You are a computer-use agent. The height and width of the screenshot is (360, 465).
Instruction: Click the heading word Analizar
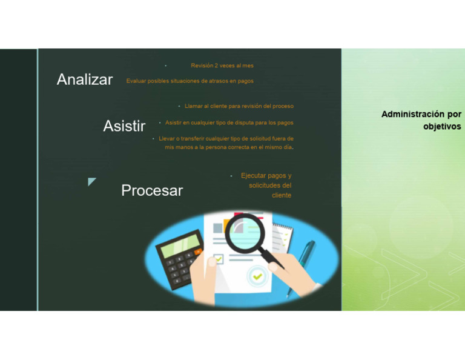coord(85,79)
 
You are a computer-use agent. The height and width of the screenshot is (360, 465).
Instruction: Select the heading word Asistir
coord(124,126)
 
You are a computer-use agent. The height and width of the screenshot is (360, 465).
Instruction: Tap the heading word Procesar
coord(152,190)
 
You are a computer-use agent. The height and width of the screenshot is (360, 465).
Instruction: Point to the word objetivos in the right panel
coord(442,127)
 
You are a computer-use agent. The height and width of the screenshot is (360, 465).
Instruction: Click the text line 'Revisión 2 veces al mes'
coord(222,65)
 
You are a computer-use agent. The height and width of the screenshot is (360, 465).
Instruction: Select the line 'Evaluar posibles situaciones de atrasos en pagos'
coord(190,81)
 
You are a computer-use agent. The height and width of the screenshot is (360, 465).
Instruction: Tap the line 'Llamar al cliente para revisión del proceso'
coord(239,106)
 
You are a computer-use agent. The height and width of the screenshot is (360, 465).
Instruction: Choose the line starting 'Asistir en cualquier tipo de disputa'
coord(229,122)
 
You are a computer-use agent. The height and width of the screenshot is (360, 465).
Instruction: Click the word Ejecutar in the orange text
coord(254,176)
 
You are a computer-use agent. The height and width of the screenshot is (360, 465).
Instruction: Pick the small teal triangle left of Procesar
coord(91,181)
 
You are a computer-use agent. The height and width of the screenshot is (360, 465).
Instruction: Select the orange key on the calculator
coord(198,250)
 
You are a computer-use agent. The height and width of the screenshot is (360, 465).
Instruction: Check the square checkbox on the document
coord(218,259)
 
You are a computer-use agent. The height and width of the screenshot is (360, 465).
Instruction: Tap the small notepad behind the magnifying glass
coord(282,233)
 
